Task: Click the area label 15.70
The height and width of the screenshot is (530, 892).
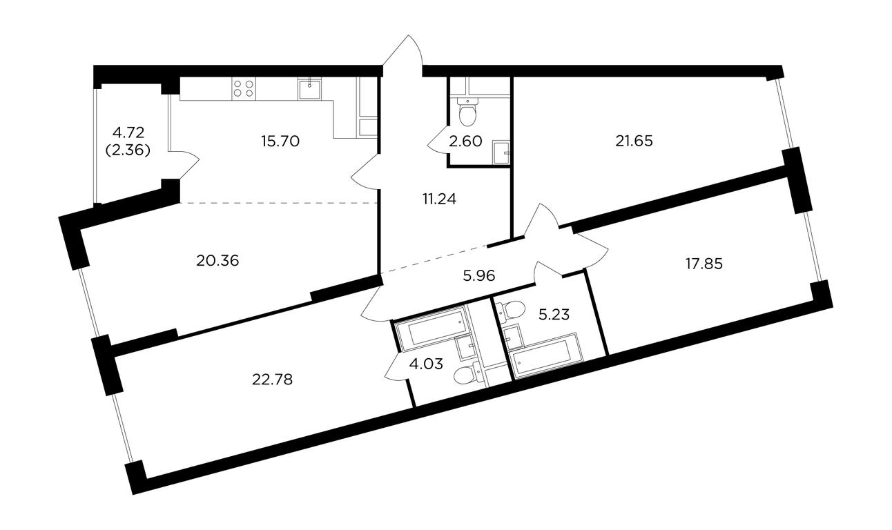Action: coord(280,141)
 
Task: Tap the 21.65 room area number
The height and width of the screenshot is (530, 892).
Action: coord(634,141)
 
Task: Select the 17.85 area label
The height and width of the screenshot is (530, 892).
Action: coord(704,264)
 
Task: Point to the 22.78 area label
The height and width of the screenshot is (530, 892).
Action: coord(273,380)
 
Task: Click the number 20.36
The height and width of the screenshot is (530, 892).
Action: coord(217,261)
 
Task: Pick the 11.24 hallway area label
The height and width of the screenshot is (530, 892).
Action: coord(440,199)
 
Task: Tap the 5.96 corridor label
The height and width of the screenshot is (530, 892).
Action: coord(479,276)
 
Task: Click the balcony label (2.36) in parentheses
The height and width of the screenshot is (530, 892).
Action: coord(128,150)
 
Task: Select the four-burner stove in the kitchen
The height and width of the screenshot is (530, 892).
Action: coord(244,88)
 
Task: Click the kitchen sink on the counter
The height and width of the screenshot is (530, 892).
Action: coord(310,88)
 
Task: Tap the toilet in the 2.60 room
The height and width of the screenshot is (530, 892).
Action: coord(467,110)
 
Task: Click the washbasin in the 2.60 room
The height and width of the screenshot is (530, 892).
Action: coord(501,152)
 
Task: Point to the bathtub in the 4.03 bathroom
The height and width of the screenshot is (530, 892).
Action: coord(432,329)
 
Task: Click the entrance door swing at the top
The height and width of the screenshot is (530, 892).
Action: coord(403,52)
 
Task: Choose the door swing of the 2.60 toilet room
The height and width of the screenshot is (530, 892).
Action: coord(437,142)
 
